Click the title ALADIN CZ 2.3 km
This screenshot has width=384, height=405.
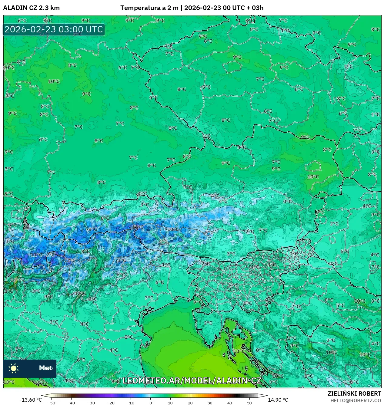(x=31, y=8)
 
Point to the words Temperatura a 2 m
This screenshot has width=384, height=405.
(x=149, y=8)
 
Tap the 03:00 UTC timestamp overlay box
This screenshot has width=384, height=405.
(x=54, y=30)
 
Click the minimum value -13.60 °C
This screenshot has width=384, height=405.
(x=31, y=400)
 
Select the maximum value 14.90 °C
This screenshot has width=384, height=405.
(x=278, y=400)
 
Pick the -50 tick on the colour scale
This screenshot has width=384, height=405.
(x=52, y=403)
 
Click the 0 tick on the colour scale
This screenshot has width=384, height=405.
(x=151, y=403)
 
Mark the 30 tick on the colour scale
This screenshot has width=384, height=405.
(x=210, y=403)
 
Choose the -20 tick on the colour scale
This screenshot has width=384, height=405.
(x=111, y=403)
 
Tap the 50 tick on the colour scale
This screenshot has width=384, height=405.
(x=249, y=403)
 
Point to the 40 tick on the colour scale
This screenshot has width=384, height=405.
(x=230, y=403)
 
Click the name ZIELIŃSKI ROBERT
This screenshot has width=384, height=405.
(x=354, y=393)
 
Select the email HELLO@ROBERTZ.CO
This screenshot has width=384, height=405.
(x=356, y=400)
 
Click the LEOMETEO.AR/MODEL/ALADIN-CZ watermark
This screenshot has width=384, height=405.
(x=192, y=380)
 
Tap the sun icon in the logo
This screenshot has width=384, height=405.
(x=14, y=368)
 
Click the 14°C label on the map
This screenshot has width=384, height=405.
(x=16, y=280)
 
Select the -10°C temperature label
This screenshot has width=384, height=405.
(x=173, y=229)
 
